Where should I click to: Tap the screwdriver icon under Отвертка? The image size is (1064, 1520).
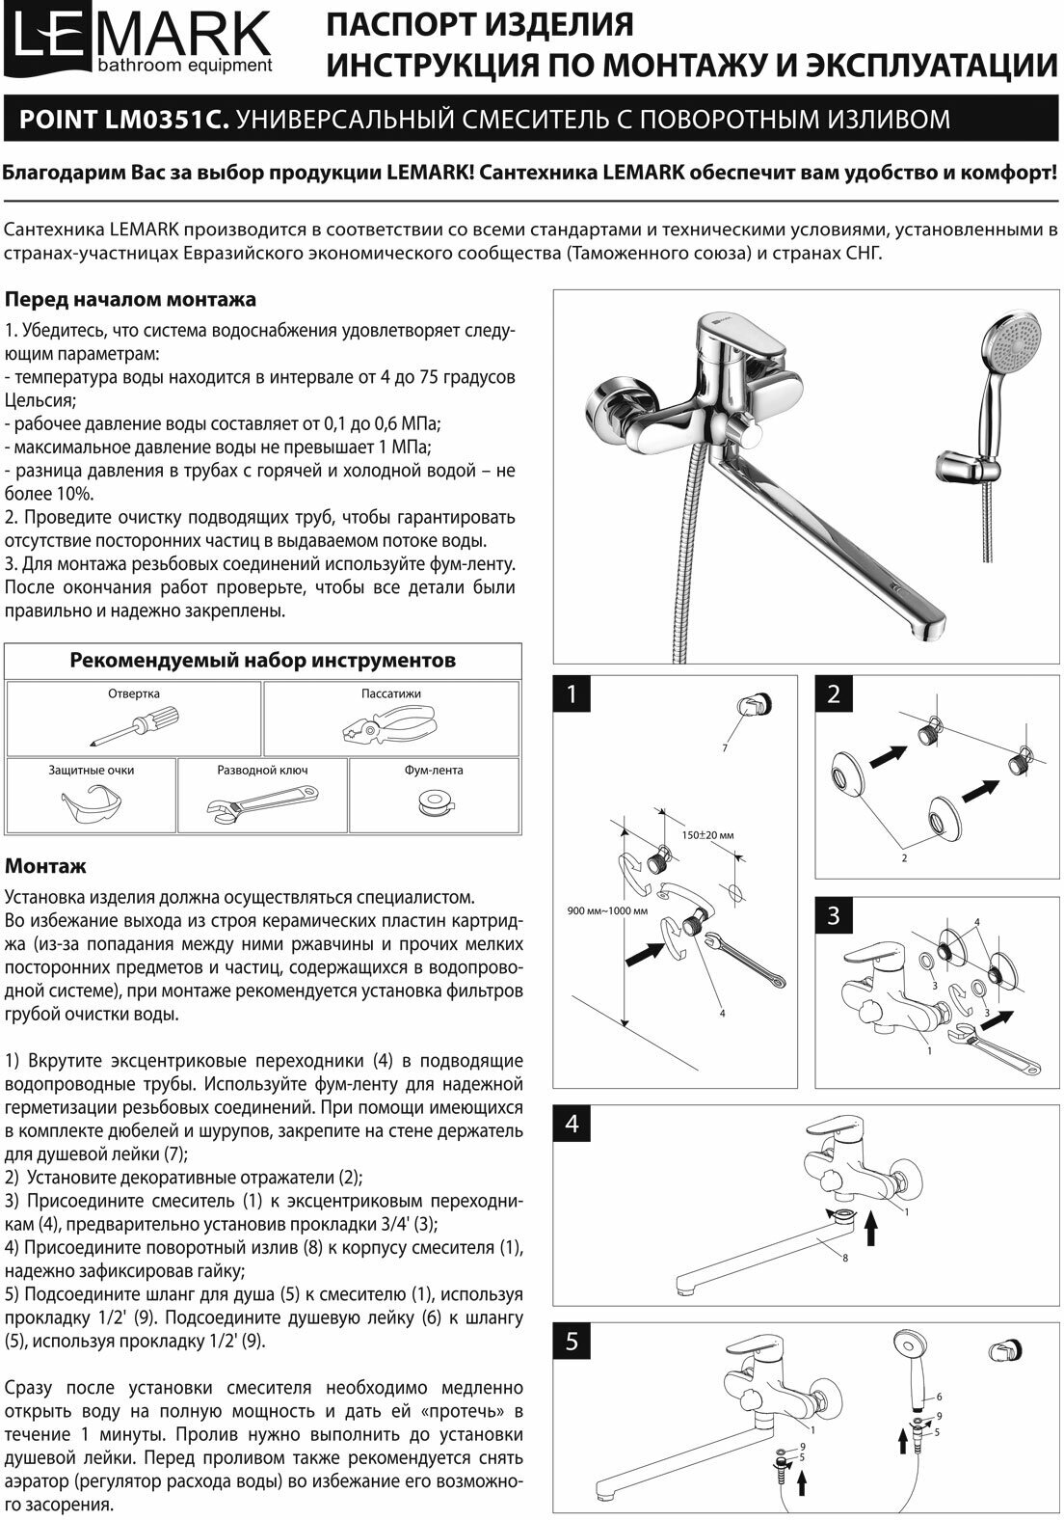point(134,724)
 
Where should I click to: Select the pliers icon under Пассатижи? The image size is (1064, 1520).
point(389,725)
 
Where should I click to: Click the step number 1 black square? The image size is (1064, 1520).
point(572,694)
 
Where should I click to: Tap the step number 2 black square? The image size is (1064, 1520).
point(835,694)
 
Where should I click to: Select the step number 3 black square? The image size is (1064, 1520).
point(835,916)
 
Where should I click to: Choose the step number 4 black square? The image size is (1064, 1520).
point(572,1125)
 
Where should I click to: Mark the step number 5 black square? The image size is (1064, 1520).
point(572,1343)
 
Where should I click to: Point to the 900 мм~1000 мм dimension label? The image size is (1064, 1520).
point(607,910)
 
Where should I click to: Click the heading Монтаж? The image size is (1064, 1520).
point(45,866)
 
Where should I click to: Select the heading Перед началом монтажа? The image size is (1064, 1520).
point(130,299)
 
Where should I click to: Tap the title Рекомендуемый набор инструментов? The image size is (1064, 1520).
point(262,661)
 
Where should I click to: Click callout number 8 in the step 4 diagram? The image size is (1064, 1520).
point(844,1258)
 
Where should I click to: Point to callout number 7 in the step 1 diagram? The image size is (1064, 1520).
point(724,748)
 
